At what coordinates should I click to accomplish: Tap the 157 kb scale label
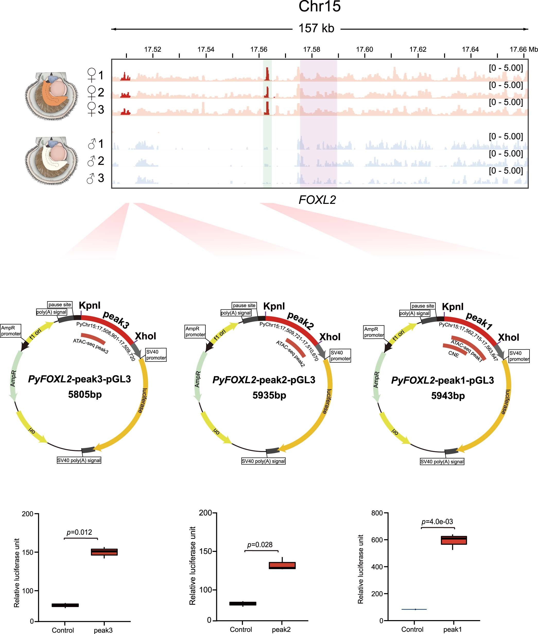316,28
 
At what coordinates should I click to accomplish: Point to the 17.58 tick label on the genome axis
312,49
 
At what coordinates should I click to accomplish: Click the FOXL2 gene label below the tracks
317,200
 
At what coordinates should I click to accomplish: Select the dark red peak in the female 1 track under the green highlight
267,74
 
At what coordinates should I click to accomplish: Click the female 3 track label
96,109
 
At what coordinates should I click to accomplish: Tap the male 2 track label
96,161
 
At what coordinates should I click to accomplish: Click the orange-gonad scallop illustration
51,96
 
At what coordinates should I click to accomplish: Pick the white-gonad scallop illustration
51,161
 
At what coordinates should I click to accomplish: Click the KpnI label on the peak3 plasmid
89,305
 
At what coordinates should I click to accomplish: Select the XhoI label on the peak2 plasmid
330,337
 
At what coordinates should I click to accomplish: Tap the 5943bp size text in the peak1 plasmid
448,396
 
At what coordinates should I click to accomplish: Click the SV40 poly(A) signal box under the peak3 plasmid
79,460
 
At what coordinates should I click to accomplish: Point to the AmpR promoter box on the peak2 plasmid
195,332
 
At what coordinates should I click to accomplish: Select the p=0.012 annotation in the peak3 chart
79,532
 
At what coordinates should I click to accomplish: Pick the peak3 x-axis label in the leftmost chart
103,630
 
